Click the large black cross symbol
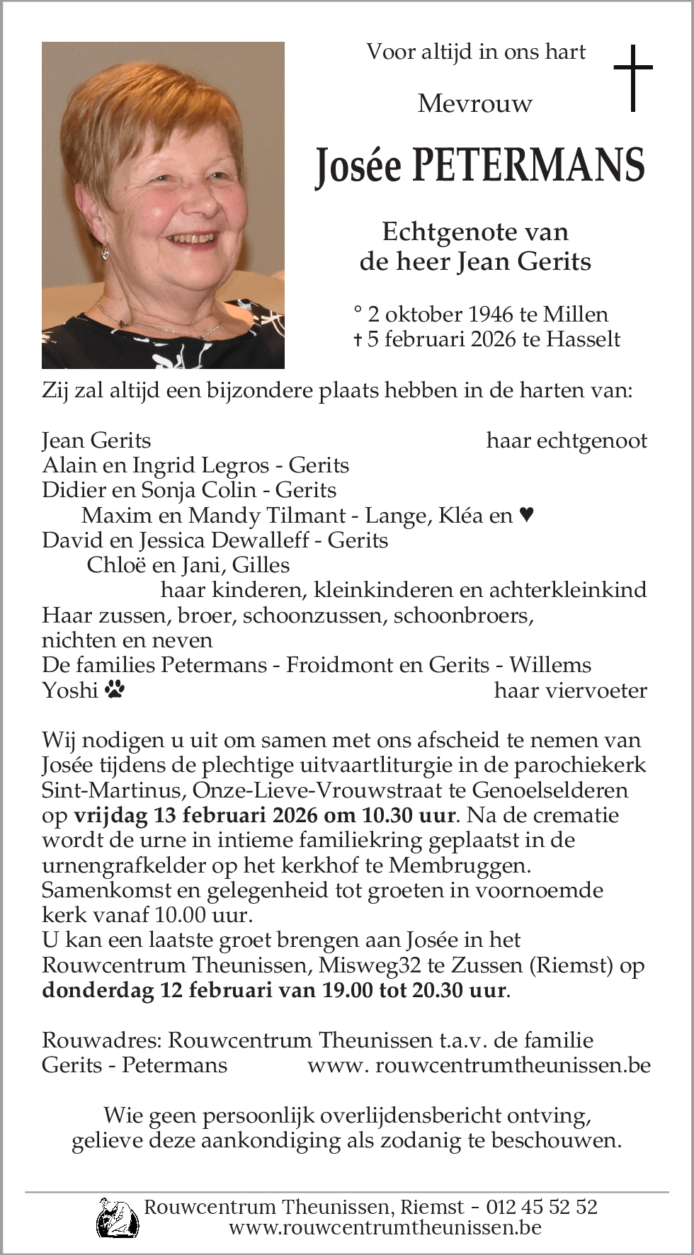tap(632, 78)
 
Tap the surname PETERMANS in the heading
tap(528, 166)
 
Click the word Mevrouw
tap(474, 104)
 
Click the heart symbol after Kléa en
tap(526, 515)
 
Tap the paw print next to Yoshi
tap(114, 689)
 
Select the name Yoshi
tap(69, 690)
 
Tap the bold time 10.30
tap(385, 815)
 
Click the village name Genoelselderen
tap(550, 790)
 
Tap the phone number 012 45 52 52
tap(541, 1207)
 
